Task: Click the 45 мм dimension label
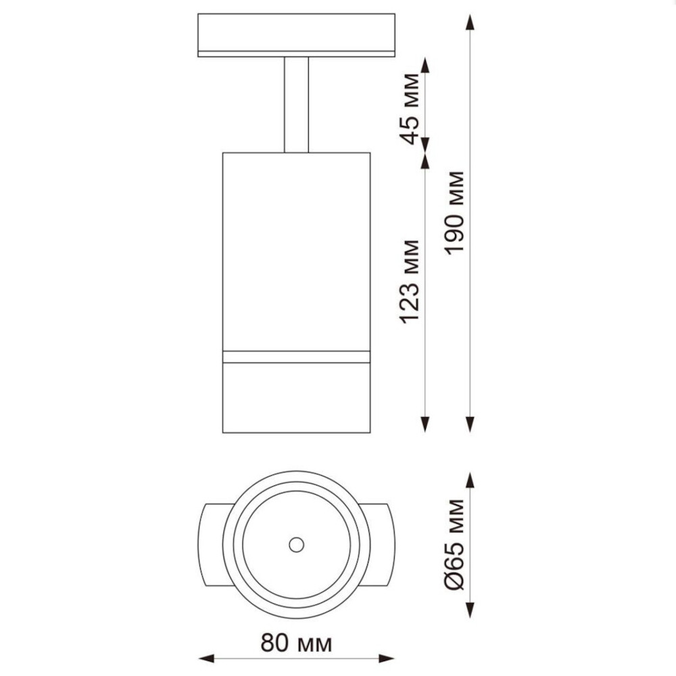tap(409, 109)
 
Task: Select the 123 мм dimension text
tap(409, 282)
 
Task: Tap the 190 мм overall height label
tap(455, 213)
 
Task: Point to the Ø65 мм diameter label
tap(455, 544)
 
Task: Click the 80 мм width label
tap(297, 644)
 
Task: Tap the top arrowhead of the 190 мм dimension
tap(470, 22)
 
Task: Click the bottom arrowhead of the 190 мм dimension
tap(470, 425)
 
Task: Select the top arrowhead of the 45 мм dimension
tap(425, 65)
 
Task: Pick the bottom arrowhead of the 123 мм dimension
tap(425, 425)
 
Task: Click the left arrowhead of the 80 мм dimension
tap(206, 658)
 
